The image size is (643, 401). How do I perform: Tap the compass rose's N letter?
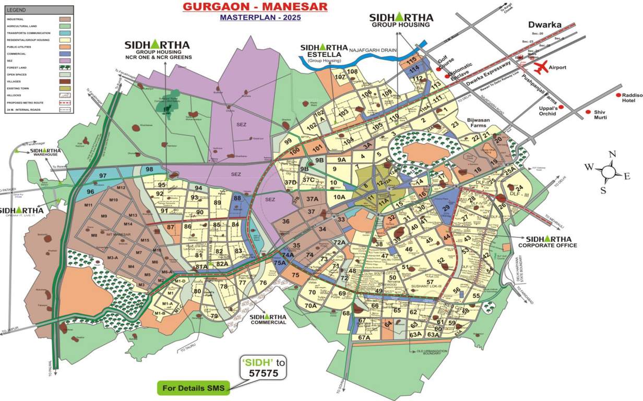pos(613,154)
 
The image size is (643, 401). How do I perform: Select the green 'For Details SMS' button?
pos(194,388)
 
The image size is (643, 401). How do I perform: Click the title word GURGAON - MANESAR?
pos(255,7)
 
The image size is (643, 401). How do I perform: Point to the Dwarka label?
pos(544,25)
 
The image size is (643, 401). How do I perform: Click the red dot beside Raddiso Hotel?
pos(618,95)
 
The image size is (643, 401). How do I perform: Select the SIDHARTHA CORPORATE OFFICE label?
pos(547,241)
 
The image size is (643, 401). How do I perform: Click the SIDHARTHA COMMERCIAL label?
pos(268,320)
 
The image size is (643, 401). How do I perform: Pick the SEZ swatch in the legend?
pos(65,60)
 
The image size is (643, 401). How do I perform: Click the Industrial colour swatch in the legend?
pos(65,19)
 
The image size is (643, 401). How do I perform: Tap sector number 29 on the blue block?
pos(446,208)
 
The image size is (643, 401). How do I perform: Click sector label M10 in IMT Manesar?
pos(113,200)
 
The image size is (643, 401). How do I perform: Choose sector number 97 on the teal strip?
pos(103,175)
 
